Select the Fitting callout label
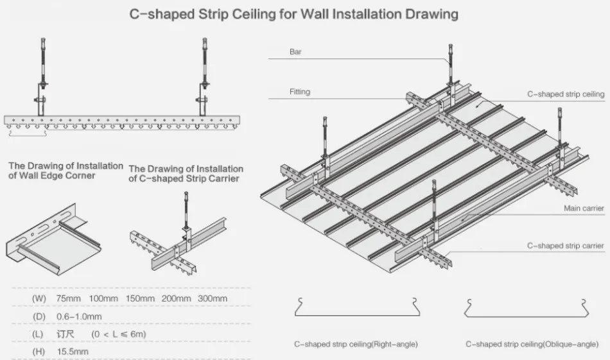(x=299, y=92)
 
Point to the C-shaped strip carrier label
(x=566, y=246)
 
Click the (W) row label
(x=39, y=299)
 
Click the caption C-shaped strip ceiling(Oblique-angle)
(x=532, y=345)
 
